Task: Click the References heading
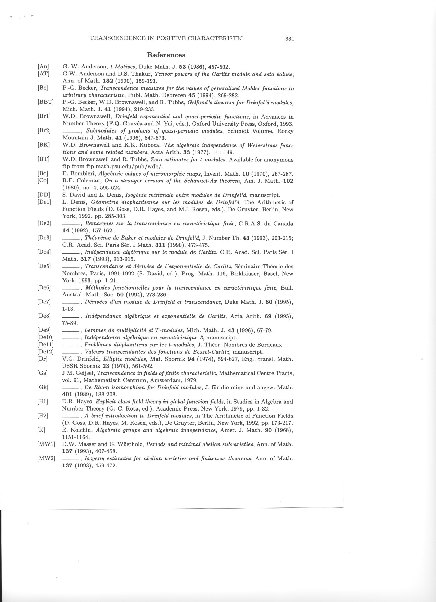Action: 166,55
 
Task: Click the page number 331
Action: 290,39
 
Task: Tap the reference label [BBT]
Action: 46,102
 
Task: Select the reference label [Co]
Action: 43,181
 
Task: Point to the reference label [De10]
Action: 46,338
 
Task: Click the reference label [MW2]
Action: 46,458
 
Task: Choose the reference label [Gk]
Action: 43,387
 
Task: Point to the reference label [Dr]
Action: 42,359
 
